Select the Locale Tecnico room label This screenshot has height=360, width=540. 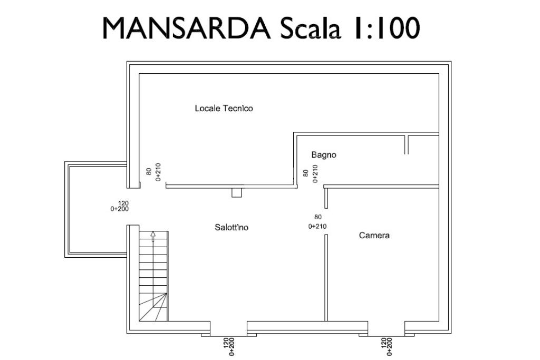coord(224,109)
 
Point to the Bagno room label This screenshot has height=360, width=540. coord(323,155)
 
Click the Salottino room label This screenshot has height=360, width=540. coord(232,228)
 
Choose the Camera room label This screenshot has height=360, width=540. coord(374,236)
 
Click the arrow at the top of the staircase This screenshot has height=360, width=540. coord(153,236)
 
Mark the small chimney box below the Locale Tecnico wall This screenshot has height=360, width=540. coord(237,193)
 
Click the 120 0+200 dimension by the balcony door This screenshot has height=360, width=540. coord(120,206)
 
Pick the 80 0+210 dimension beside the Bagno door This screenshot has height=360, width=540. coord(310,173)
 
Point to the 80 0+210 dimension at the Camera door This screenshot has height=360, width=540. coord(317,221)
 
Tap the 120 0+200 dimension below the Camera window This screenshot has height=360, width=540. coord(387,346)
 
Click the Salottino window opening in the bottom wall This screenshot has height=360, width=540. coord(228,328)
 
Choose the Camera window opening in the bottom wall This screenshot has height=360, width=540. coord(386,328)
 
